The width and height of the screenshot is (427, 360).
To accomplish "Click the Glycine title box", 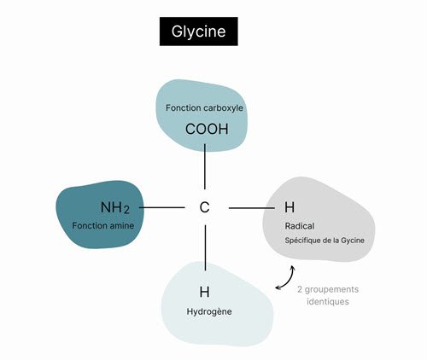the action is pos(199,32).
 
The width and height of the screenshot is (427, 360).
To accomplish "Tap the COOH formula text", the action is pos(207,129).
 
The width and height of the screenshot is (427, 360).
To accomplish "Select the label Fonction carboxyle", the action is pos(204,108).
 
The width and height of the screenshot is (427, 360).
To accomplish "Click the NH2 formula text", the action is pos(115,207).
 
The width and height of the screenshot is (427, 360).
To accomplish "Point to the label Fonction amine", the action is pos(103,226).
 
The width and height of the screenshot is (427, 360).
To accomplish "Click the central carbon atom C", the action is pos(204,207).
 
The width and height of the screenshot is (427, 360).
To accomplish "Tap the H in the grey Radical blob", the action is pos(290,207).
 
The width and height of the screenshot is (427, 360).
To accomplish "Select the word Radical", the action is pos(300,226).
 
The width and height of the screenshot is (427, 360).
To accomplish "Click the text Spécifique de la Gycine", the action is pos(325,241).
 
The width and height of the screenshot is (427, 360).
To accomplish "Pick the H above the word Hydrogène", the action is pos(204,292).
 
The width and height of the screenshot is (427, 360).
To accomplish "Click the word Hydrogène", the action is pos(209,311).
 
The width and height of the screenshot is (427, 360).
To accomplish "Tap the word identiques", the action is pos(328,301).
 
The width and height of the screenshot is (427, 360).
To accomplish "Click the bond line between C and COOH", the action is pos(205,166).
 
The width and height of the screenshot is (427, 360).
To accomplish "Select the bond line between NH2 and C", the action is pos(161,207).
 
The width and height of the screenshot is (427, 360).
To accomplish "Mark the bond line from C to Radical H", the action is pos(252,208).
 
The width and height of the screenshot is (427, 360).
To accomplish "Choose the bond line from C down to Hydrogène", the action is pos(205,247).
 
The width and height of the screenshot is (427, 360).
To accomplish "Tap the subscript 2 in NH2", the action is pos(126,210).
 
